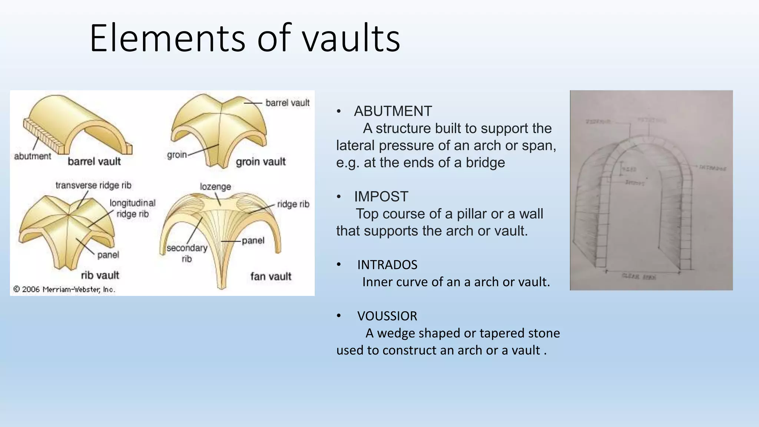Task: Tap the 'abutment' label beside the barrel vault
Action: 33,156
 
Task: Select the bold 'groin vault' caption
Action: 261,162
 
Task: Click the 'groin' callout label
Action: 177,155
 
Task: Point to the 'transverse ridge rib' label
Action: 93,185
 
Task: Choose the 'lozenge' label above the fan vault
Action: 215,186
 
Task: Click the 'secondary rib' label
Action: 187,253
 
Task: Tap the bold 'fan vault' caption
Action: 271,277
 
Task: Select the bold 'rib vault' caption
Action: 100,275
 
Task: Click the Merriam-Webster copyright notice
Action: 64,289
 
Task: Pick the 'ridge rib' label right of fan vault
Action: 293,204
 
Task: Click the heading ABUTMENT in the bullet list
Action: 393,111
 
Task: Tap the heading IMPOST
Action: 381,196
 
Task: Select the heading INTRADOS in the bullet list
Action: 387,265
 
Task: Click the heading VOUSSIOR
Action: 387,316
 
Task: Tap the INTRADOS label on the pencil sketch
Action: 712,168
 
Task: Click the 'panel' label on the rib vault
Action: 108,255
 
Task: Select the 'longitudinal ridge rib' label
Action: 132,208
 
